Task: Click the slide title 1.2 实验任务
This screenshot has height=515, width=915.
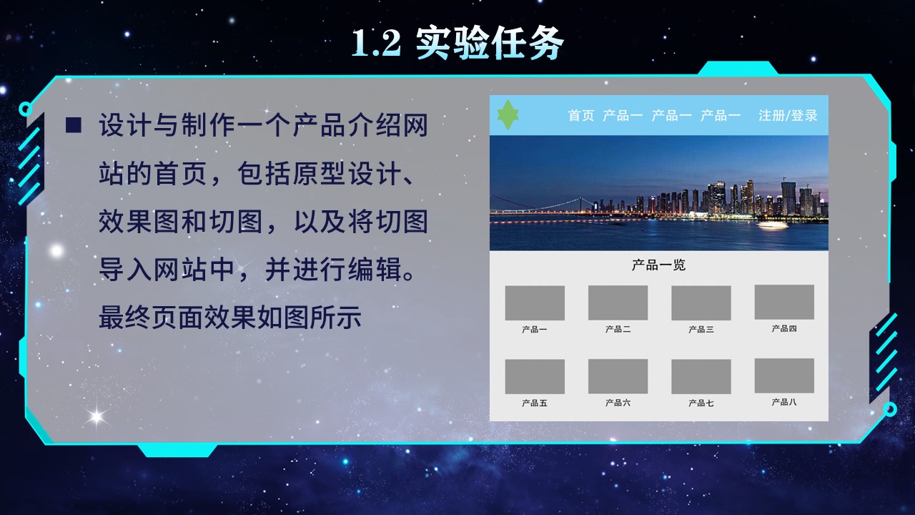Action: tap(457, 44)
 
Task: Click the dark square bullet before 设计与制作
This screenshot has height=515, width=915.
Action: tap(73, 125)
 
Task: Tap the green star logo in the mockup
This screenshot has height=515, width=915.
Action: tap(508, 115)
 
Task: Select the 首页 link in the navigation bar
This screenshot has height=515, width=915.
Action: tap(580, 115)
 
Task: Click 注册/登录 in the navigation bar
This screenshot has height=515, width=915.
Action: tap(788, 115)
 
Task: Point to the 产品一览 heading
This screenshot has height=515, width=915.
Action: tap(658, 265)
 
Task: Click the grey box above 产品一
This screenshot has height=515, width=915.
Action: tap(535, 303)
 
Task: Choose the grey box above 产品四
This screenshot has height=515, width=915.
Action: tap(784, 302)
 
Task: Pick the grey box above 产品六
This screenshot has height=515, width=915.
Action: tap(618, 376)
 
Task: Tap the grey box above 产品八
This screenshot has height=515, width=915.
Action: tap(784, 376)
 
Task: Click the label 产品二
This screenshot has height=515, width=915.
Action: tap(618, 329)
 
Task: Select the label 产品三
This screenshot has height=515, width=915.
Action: tap(701, 330)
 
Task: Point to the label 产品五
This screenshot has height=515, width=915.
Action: tap(535, 403)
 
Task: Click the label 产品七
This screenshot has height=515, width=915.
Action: tap(701, 403)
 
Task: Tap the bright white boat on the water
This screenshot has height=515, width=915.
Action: tap(772, 225)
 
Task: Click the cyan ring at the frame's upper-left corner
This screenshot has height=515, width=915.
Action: tap(26, 109)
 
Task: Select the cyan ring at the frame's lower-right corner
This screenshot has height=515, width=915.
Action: tap(890, 409)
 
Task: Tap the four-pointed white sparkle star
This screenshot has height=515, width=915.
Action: tap(96, 415)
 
